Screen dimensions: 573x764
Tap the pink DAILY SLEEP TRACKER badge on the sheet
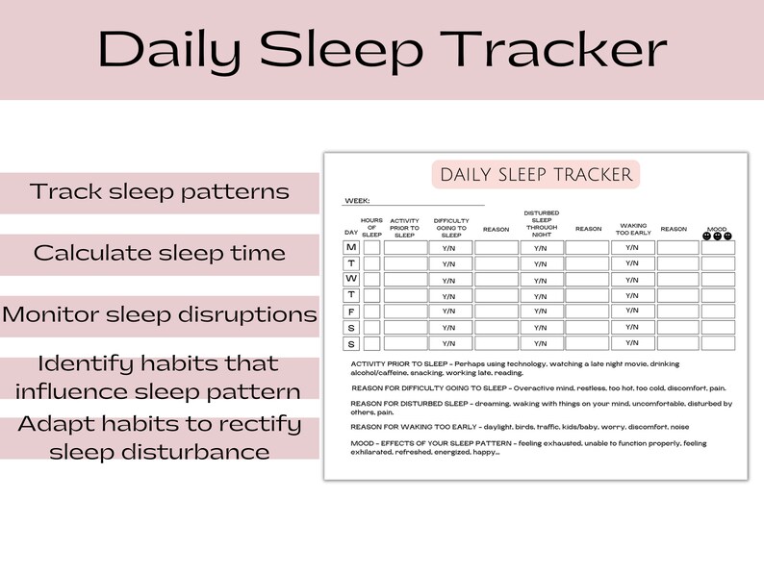[536, 175]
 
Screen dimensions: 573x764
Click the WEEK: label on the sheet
[357, 201]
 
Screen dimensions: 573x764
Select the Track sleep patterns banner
[160, 191]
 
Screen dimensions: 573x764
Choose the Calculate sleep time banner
[160, 254]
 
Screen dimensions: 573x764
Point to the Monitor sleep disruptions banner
[160, 314]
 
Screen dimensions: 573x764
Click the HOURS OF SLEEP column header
[371, 227]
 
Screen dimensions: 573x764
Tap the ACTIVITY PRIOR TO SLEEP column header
[405, 227]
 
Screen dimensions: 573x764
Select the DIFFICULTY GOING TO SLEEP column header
[451, 227]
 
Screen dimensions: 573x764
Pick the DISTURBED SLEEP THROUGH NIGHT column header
[541, 223]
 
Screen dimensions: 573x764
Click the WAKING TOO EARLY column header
[633, 229]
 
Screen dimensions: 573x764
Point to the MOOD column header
[717, 229]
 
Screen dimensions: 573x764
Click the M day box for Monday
[351, 248]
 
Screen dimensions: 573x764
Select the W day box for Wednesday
[351, 280]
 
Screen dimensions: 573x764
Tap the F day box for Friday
[351, 311]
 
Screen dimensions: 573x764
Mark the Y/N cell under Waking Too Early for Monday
[632, 247]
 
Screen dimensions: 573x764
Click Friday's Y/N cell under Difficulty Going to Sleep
[449, 311]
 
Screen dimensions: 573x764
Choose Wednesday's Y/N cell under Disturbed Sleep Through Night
[541, 280]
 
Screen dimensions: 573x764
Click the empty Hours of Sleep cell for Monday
[371, 248]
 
